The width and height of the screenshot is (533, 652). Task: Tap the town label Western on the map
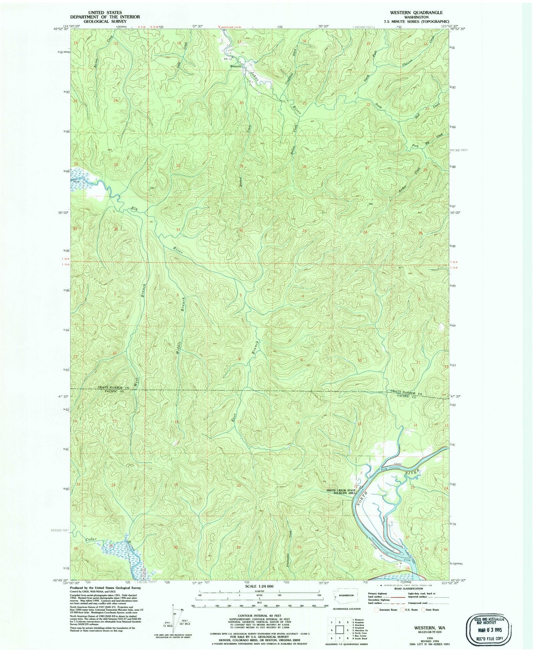(x=235, y=66)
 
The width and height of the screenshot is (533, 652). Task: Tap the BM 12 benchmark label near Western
(x=227, y=58)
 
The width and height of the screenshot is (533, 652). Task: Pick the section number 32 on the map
(x=241, y=230)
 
